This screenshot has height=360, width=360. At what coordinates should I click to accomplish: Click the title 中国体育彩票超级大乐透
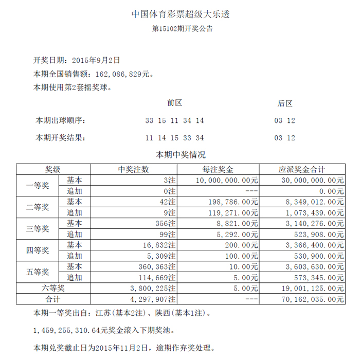pos(180,14)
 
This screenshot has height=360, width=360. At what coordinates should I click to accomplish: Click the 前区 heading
pos(175,103)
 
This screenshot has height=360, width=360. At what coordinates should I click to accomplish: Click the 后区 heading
pos(285,103)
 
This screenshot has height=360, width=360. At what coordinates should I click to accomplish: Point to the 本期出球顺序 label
pos(60,120)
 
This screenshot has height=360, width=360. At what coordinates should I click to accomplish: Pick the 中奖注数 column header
pos(134,169)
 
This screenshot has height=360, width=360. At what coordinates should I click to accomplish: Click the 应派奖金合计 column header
pos(302,169)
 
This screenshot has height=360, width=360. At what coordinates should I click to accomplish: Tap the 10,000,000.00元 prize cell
pos(227,181)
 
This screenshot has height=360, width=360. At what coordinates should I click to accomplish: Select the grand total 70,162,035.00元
pos(312,299)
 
